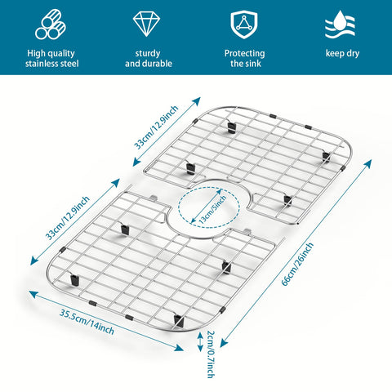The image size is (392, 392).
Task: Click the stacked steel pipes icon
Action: click(x=51, y=24)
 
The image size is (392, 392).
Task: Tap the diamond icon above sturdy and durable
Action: click(x=146, y=24)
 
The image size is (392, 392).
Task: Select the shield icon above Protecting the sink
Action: click(x=244, y=24)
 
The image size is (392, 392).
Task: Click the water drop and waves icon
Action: click(x=341, y=24)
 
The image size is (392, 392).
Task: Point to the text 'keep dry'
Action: click(x=342, y=53)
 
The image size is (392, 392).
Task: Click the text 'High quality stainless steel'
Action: click(x=51, y=58)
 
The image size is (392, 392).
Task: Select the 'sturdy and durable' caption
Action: click(x=149, y=58)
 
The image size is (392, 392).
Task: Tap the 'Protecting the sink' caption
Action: click(x=245, y=58)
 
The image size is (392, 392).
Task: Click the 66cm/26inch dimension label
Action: click(x=297, y=264)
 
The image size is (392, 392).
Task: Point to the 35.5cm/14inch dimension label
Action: click(x=87, y=322)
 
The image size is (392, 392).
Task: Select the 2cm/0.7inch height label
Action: click(x=211, y=354)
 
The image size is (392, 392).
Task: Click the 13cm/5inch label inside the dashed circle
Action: click(x=212, y=210)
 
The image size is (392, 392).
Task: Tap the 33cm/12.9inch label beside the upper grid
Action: click(x=156, y=127)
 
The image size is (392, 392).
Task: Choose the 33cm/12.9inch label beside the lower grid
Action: click(x=68, y=218)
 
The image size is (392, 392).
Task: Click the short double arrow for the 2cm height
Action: click(x=200, y=341)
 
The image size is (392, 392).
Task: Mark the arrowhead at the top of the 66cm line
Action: click(x=368, y=164)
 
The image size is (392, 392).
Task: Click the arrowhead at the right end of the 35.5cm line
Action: click(x=179, y=348)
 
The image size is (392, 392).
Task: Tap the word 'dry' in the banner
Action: click(x=353, y=54)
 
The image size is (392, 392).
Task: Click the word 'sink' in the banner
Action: click(x=254, y=64)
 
